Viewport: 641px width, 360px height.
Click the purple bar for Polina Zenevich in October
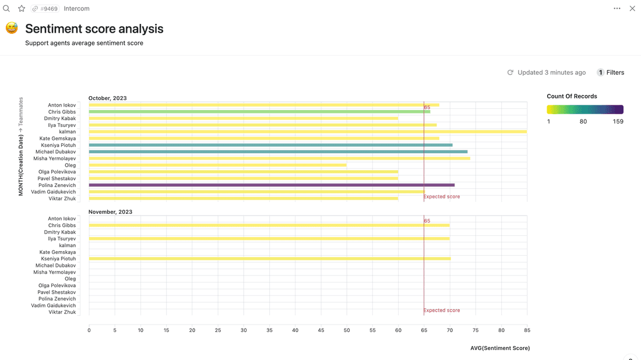[272, 185]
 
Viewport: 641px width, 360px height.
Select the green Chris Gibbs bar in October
[259, 112]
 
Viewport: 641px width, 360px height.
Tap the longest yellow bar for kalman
[308, 132]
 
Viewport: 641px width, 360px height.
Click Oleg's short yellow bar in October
[217, 165]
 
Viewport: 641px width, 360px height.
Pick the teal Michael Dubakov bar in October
[278, 151]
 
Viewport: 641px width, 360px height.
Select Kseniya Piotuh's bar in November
[269, 259]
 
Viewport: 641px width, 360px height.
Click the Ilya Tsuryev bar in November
[269, 239]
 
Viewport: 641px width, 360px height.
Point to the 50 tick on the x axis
[347, 330]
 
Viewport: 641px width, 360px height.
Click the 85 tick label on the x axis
[527, 330]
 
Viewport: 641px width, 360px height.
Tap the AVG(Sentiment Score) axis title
[500, 348]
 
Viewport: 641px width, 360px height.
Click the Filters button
[610, 73]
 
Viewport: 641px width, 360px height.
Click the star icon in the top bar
[22, 9]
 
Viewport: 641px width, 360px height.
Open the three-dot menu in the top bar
[617, 9]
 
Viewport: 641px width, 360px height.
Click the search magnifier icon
[6, 9]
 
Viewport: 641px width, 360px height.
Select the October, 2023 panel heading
[107, 98]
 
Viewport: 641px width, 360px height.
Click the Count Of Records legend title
[572, 96]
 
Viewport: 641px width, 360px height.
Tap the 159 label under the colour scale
[618, 122]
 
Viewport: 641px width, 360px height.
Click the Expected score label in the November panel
[442, 310]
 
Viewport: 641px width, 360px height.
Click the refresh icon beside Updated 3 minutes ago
[510, 73]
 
